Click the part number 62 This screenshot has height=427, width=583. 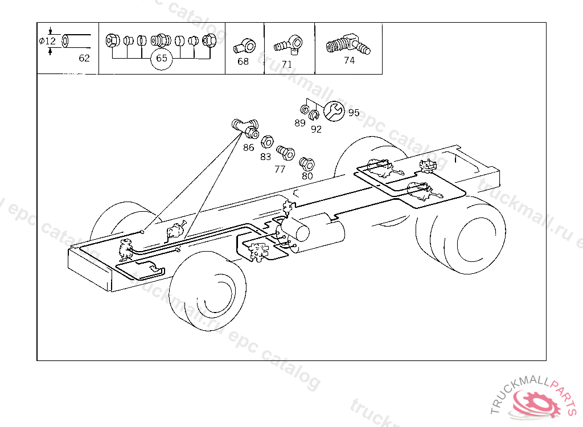tap(84, 58)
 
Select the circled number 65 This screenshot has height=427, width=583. tap(162, 59)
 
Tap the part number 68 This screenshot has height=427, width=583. tap(243, 61)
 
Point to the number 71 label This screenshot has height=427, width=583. tap(287, 64)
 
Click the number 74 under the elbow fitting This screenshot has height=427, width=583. tap(349, 60)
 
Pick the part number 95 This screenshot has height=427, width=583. tap(354, 112)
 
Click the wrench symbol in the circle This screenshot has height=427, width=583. tap(334, 111)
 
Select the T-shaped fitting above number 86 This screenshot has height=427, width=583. tap(245, 128)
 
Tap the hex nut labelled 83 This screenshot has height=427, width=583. tap(267, 141)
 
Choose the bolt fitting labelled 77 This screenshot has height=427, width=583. tap(286, 152)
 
